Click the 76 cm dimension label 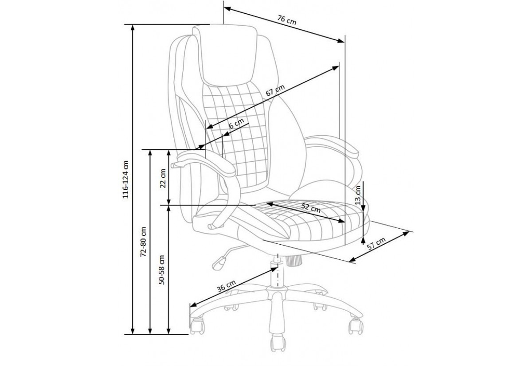tap(287, 20)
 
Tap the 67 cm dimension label tap(275, 90)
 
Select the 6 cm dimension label tap(236, 123)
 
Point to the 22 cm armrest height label tap(163, 178)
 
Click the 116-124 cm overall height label tap(125, 180)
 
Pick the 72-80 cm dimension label tap(143, 242)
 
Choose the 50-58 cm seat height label tap(162, 270)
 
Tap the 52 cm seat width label tap(311, 208)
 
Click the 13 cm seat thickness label tap(358, 195)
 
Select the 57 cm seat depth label tap(376, 244)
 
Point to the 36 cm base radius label tap(227, 286)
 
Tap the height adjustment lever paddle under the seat tap(219, 263)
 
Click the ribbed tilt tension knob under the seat tap(294, 261)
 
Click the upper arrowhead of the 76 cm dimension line tap(228, 9)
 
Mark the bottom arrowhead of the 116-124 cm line tap(133, 331)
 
